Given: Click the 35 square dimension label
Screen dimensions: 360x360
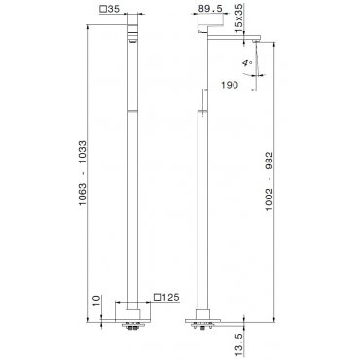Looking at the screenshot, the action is [x=110, y=9].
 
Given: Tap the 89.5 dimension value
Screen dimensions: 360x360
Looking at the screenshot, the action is [x=210, y=9].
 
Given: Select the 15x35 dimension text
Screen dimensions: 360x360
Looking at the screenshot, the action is [x=239, y=18].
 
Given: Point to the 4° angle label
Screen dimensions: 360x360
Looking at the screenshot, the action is [x=247, y=62].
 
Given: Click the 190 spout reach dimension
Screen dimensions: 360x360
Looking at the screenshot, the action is [x=230, y=85].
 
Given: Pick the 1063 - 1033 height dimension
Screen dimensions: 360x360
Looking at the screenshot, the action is [x=83, y=173].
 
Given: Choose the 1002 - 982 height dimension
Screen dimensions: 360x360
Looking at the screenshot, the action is [x=270, y=181].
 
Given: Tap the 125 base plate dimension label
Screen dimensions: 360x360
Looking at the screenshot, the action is [x=167, y=297].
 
